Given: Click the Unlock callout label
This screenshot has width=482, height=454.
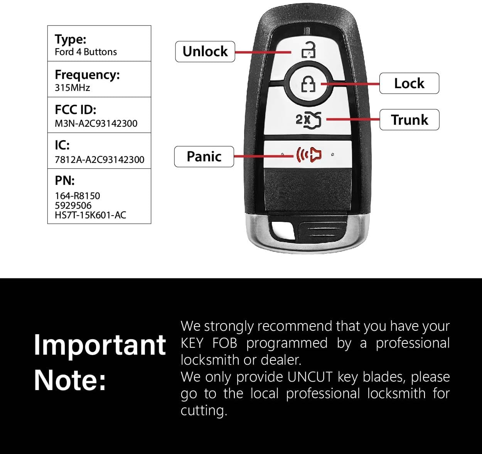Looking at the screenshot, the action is click(x=205, y=52).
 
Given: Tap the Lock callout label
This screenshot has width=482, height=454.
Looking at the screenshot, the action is click(x=409, y=84).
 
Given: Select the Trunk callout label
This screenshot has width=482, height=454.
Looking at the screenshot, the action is click(x=410, y=120).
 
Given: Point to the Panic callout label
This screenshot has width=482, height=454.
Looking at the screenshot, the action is click(x=204, y=157).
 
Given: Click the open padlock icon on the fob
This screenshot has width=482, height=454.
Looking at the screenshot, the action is click(x=309, y=50).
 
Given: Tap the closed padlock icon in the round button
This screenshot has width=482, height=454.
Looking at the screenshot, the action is click(x=308, y=84).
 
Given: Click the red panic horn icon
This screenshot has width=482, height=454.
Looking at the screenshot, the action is click(x=309, y=154).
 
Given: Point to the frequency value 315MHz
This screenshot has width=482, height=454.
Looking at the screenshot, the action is click(x=72, y=87).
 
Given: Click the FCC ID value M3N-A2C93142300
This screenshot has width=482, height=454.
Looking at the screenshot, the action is click(x=96, y=123).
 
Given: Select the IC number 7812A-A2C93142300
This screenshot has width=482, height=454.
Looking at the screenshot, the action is click(x=99, y=159).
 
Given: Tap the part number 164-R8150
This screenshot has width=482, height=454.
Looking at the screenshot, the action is click(x=78, y=196).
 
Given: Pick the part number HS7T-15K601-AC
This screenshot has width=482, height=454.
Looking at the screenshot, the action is click(x=91, y=215).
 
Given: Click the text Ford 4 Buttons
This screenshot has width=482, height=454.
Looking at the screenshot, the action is click(x=86, y=52).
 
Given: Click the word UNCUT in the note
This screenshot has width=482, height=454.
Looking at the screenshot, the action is click(x=309, y=377).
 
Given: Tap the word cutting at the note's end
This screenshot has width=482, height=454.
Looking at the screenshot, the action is click(x=204, y=411).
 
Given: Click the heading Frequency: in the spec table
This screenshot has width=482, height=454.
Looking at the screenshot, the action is click(x=87, y=74).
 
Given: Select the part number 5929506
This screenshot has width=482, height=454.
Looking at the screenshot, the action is click(x=73, y=206).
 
